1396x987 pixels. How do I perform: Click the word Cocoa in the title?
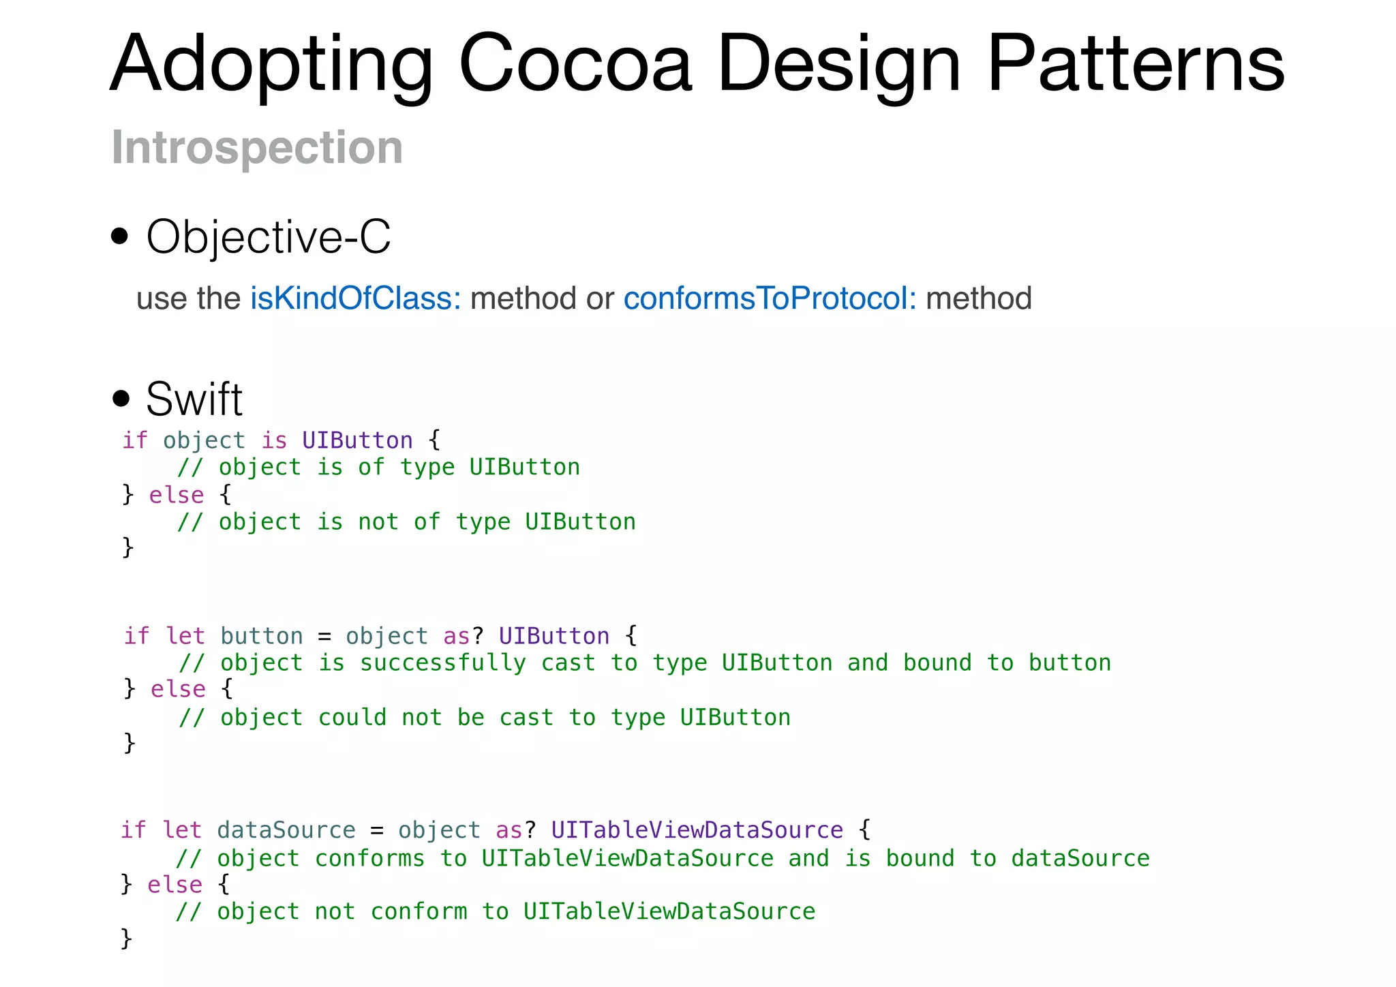(576, 64)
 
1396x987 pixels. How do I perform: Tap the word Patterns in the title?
(1136, 64)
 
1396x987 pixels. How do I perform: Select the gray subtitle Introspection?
(257, 147)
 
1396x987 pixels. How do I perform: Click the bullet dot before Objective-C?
(120, 236)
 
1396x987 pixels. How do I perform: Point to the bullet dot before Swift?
(121, 398)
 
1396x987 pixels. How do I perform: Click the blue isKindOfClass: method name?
(355, 299)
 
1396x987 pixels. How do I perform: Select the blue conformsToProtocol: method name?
(770, 299)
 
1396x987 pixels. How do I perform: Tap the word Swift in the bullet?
(194, 399)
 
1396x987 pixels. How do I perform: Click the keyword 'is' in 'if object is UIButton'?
(274, 440)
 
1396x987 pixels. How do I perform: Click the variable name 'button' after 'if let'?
(262, 636)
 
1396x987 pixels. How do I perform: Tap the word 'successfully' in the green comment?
(442, 663)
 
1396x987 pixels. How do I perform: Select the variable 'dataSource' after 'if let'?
(286, 830)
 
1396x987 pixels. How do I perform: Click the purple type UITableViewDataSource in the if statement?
(697, 830)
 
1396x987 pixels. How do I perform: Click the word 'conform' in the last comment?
(419, 912)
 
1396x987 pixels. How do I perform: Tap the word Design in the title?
(839, 64)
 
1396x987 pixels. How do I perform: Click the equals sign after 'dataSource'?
(377, 831)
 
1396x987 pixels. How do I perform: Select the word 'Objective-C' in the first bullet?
(269, 237)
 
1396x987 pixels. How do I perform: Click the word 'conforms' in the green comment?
(369, 858)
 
